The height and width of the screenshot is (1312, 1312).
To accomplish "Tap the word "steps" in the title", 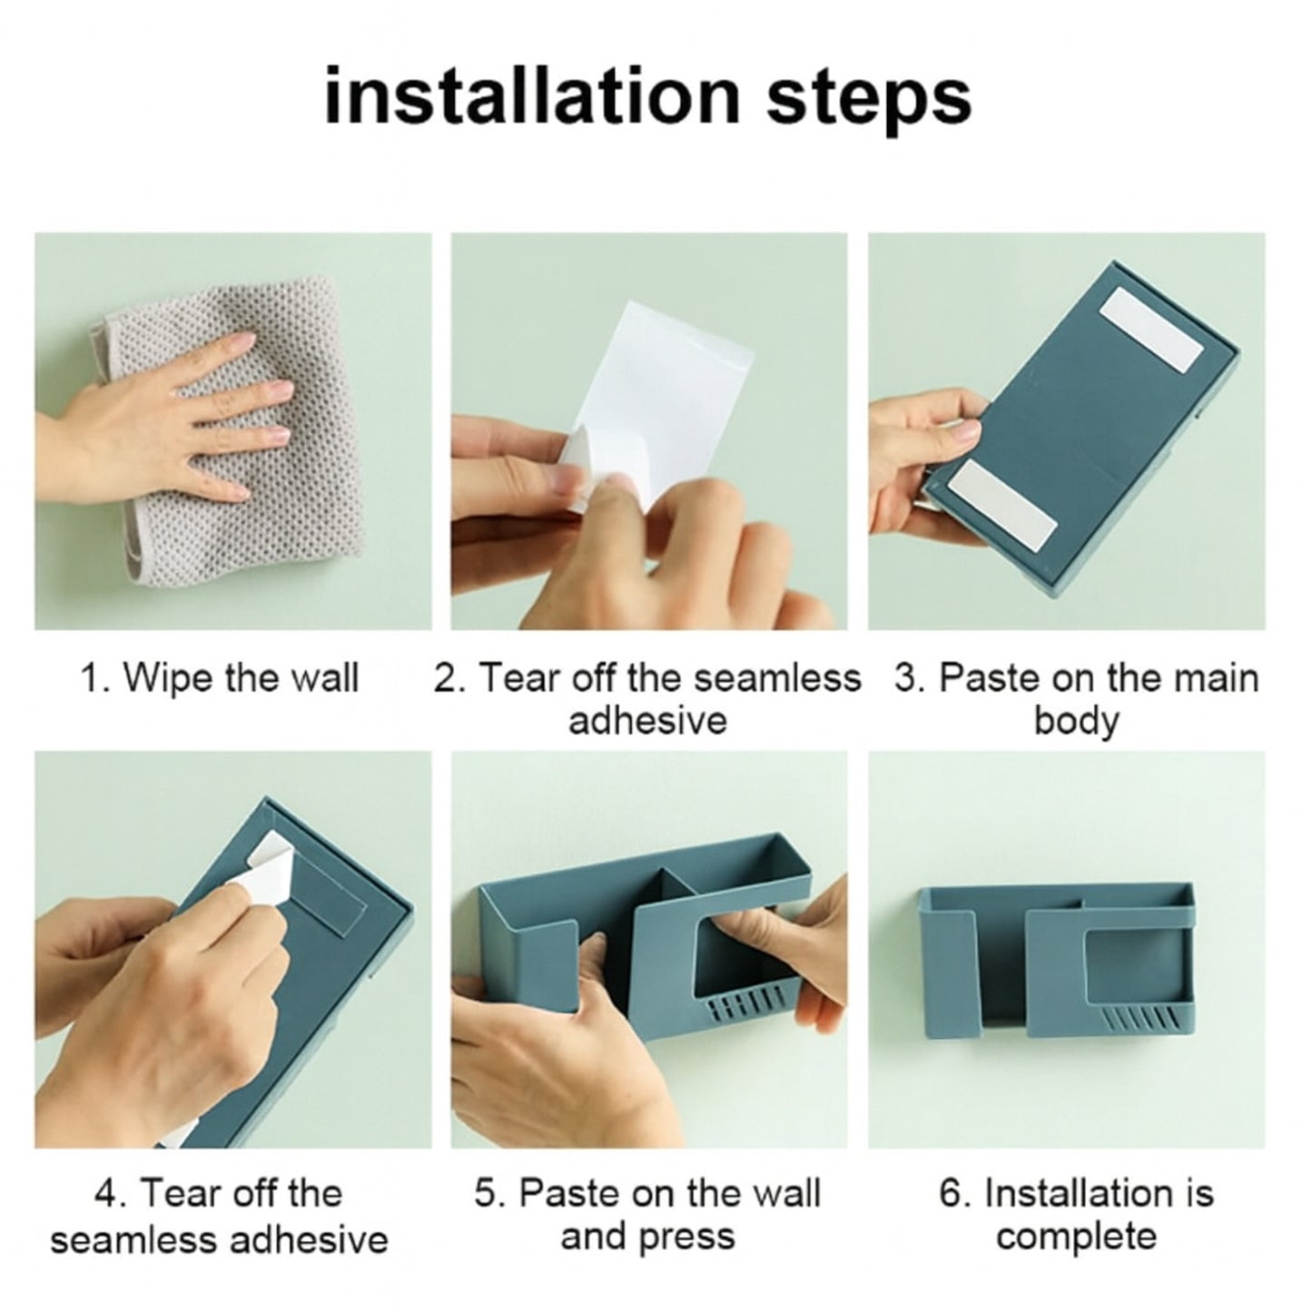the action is (869, 102).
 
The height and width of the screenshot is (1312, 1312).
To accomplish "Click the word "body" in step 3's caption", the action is (1077, 722).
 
